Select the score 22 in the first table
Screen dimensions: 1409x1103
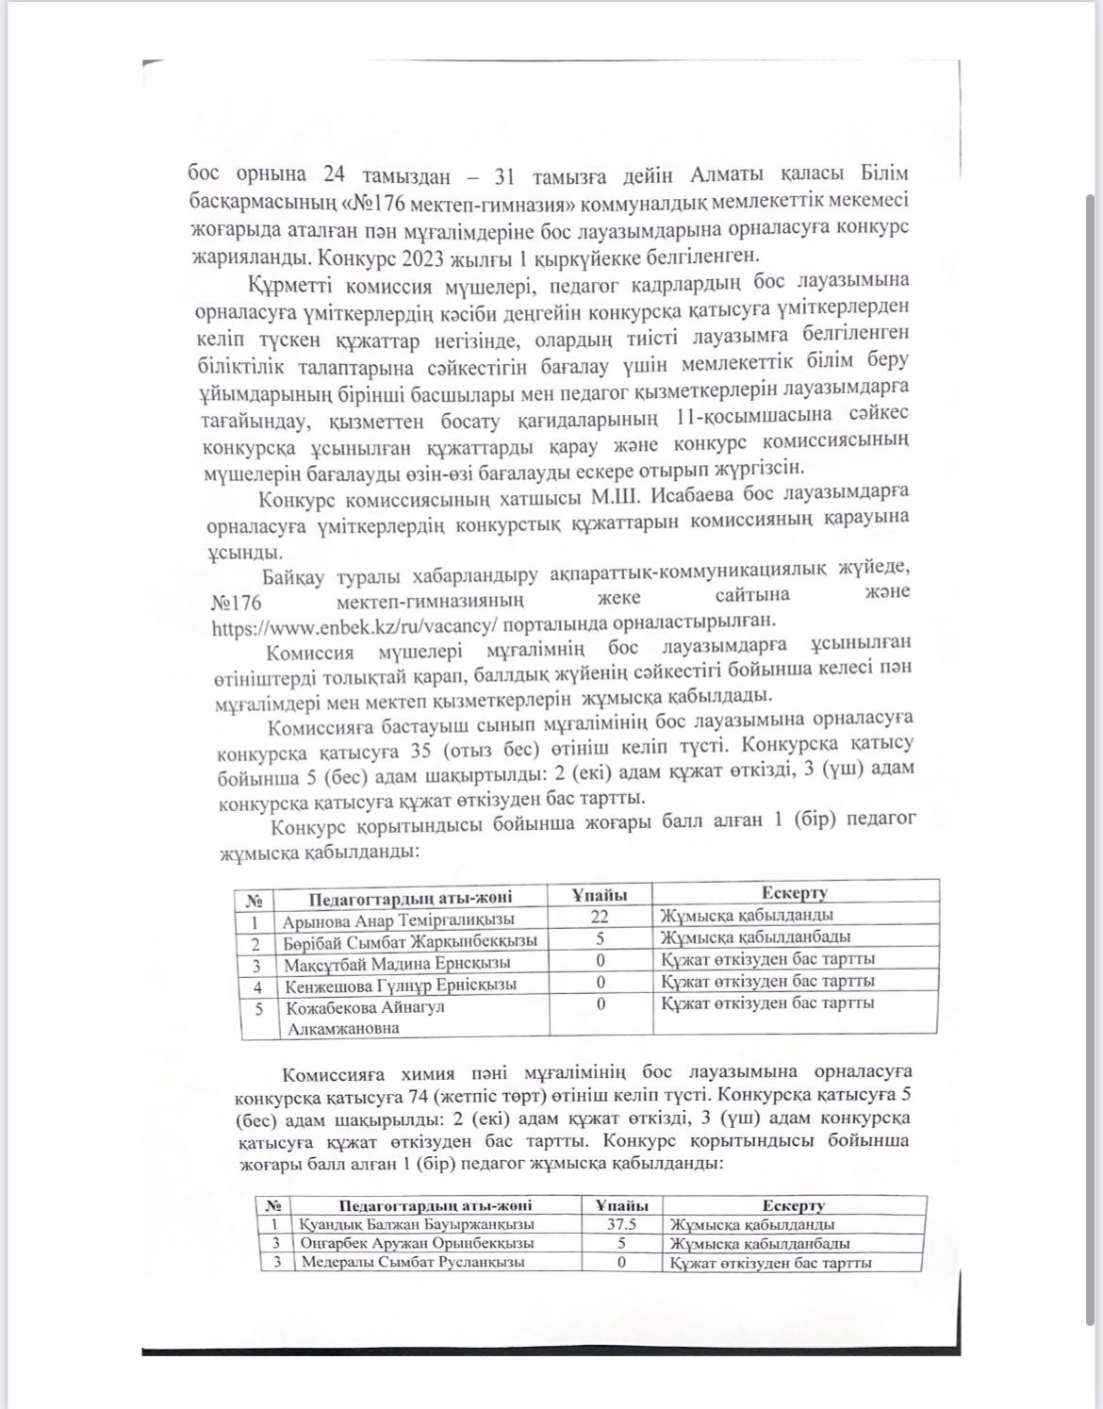pos(600,916)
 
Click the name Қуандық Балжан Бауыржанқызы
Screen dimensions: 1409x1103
pos(416,1224)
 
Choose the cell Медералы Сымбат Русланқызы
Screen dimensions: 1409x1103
pos(412,1262)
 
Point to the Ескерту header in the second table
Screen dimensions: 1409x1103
pos(793,1204)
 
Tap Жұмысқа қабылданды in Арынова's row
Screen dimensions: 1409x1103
pos(746,915)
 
